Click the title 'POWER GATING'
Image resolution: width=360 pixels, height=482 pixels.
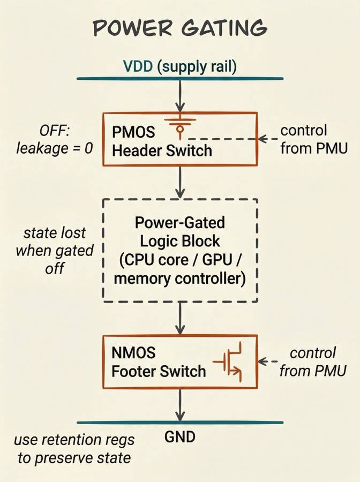180,27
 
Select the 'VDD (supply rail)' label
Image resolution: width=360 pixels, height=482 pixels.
179,67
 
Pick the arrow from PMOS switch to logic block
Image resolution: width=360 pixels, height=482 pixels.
180,182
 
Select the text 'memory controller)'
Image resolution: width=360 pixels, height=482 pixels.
180,278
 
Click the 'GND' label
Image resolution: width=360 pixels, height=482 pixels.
180,436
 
